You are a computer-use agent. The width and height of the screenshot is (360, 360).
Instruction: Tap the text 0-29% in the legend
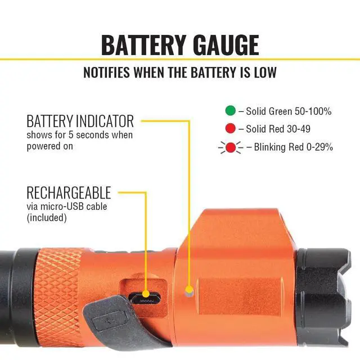(x=319, y=147)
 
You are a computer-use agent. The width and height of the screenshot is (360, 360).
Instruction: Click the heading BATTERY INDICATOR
(x=80, y=121)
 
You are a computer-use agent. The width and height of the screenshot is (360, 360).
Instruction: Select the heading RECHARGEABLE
(x=69, y=193)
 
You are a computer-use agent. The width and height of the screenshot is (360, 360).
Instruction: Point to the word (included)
(x=47, y=217)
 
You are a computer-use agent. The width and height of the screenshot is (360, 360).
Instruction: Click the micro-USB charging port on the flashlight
(x=144, y=296)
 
